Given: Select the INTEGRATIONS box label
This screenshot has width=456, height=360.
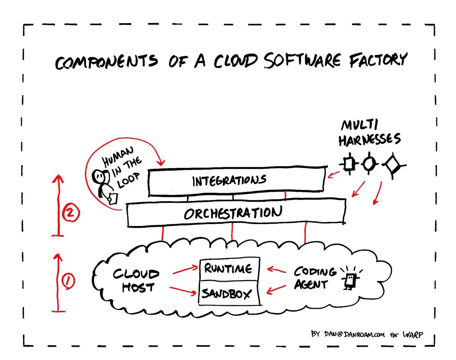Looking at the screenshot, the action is [x=229, y=181].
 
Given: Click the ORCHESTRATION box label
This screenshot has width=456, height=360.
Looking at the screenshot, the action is [x=233, y=212].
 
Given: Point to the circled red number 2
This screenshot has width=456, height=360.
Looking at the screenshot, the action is [x=71, y=212].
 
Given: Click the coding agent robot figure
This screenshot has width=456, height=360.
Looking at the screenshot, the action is [x=350, y=279].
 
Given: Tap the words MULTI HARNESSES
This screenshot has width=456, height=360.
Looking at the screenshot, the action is [x=369, y=133].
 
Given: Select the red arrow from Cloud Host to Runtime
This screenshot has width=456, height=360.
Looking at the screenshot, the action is [x=185, y=270].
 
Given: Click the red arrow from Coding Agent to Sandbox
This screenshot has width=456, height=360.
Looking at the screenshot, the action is [x=276, y=290].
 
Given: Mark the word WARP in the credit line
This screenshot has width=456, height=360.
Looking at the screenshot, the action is [x=413, y=335].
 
